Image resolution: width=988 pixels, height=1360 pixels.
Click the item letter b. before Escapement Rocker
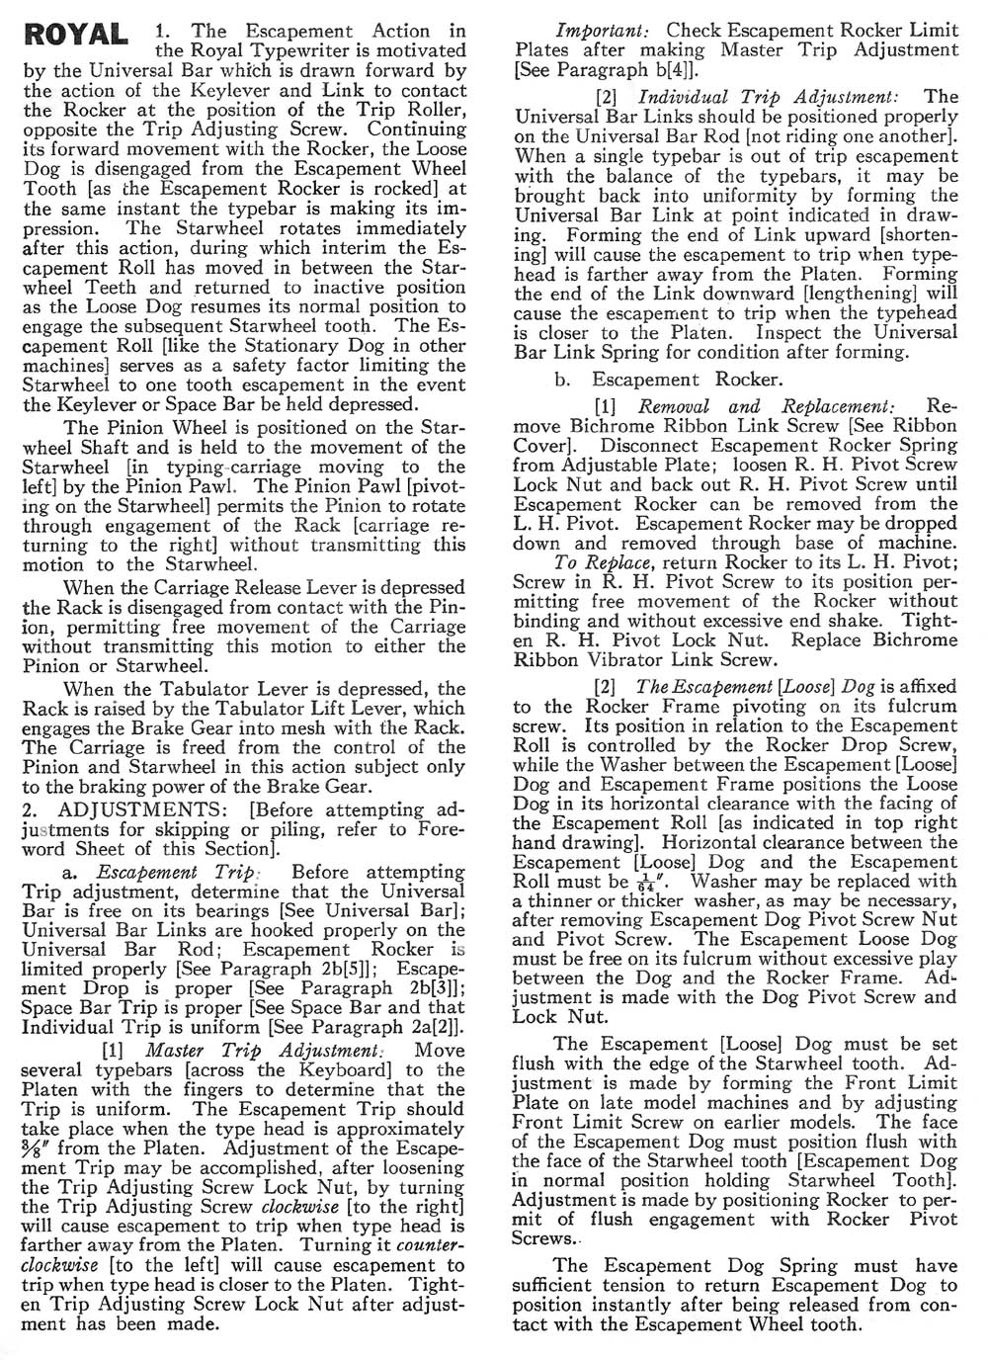pos(559,379)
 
